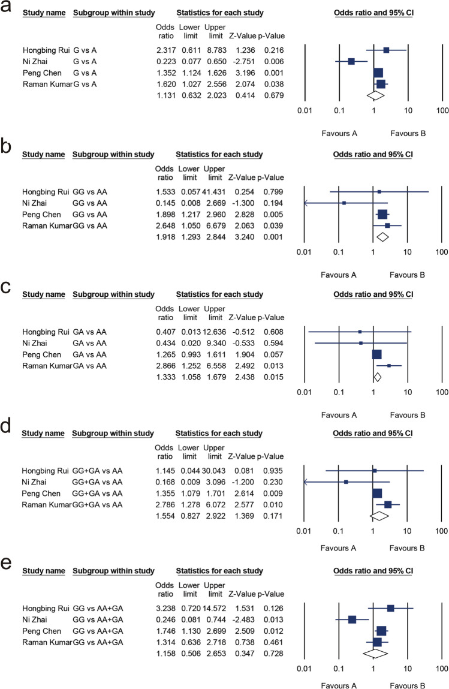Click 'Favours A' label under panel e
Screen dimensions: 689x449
click(x=339, y=683)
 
